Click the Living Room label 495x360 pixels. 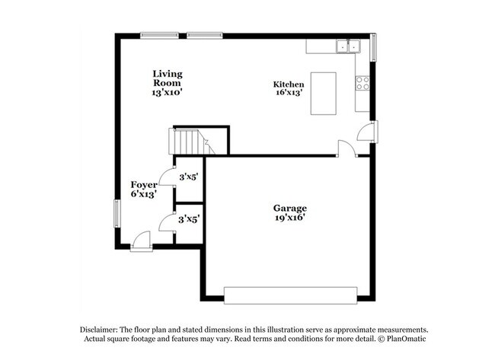(167, 78)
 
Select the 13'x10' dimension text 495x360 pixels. (167, 92)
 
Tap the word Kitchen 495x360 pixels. (289, 84)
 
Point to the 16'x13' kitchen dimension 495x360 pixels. (289, 94)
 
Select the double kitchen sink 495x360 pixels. (348, 46)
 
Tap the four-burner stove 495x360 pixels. (362, 83)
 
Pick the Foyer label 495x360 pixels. (144, 185)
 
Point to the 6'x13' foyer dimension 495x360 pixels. (144, 194)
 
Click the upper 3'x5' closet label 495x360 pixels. (189, 177)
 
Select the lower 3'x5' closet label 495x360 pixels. (189, 220)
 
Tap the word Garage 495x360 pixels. (290, 208)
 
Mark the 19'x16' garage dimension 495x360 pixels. (290, 218)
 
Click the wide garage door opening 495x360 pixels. (290, 295)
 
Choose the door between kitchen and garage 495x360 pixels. (347, 148)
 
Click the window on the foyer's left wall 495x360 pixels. (117, 212)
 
